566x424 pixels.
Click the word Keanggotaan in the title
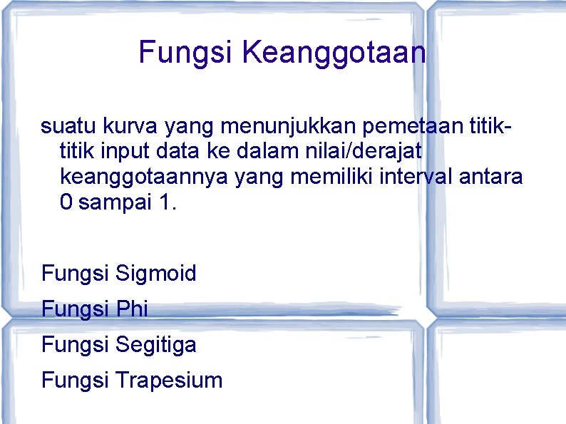coord(334,53)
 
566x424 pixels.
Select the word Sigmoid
coord(155,273)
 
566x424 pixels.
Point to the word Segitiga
coord(155,345)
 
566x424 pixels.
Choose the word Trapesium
coord(168,380)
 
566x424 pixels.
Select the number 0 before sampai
coord(66,202)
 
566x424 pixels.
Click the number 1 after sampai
coord(165,202)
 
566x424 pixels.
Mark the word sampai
coord(114,202)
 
